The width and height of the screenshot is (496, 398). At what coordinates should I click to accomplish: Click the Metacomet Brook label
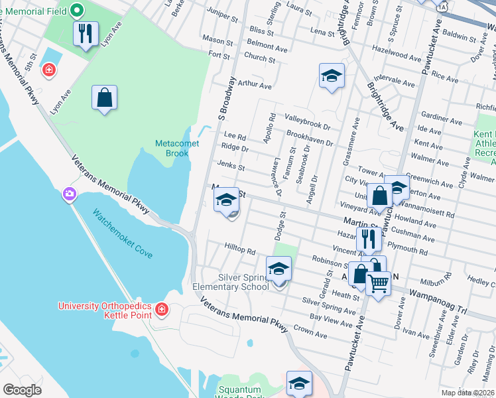pyautogui.click(x=172, y=148)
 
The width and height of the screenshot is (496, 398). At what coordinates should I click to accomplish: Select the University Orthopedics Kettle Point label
pyautogui.click(x=105, y=310)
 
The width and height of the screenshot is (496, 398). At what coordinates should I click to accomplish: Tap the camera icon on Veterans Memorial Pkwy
pyautogui.click(x=69, y=194)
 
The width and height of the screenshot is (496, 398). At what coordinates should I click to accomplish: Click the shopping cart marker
pyautogui.click(x=378, y=283)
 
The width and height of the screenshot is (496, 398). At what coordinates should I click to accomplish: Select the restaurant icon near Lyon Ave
pyautogui.click(x=86, y=34)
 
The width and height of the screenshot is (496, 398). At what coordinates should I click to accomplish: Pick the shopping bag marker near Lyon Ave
pyautogui.click(x=105, y=98)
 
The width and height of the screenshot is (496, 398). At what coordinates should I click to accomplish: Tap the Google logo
pyautogui.click(x=22, y=390)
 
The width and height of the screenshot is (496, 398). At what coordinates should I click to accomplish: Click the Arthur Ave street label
pyautogui.click(x=255, y=85)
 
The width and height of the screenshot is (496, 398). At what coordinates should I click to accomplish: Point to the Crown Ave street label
pyautogui.click(x=311, y=329)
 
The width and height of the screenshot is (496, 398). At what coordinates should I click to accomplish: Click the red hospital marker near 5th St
pyautogui.click(x=48, y=70)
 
